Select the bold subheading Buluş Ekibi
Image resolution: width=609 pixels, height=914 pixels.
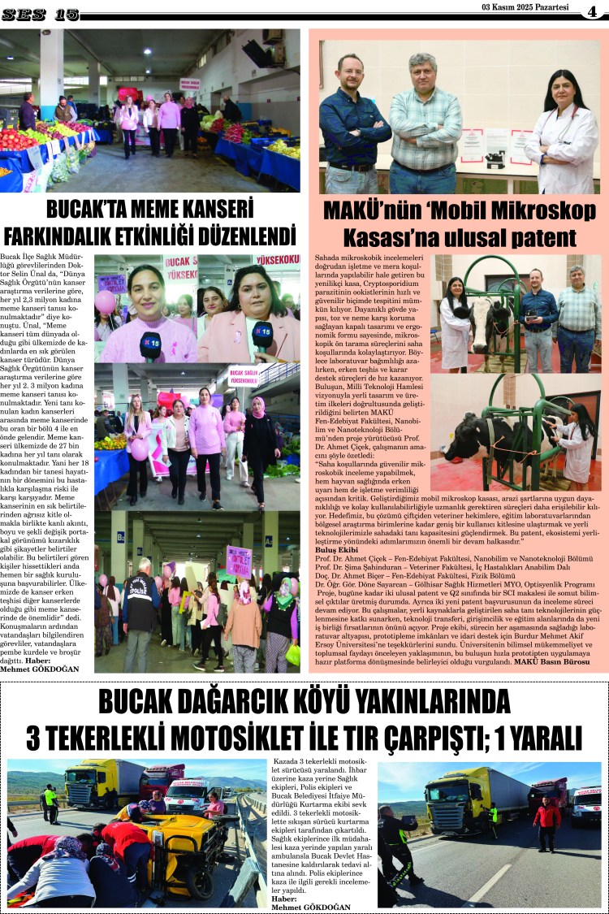coord(338,550)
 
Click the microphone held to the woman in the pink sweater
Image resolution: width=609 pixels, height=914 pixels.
coord(151,343)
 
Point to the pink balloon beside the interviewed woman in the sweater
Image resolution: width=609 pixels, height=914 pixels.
coord(106,301)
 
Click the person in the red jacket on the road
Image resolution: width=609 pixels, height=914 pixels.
coord(547,821)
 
